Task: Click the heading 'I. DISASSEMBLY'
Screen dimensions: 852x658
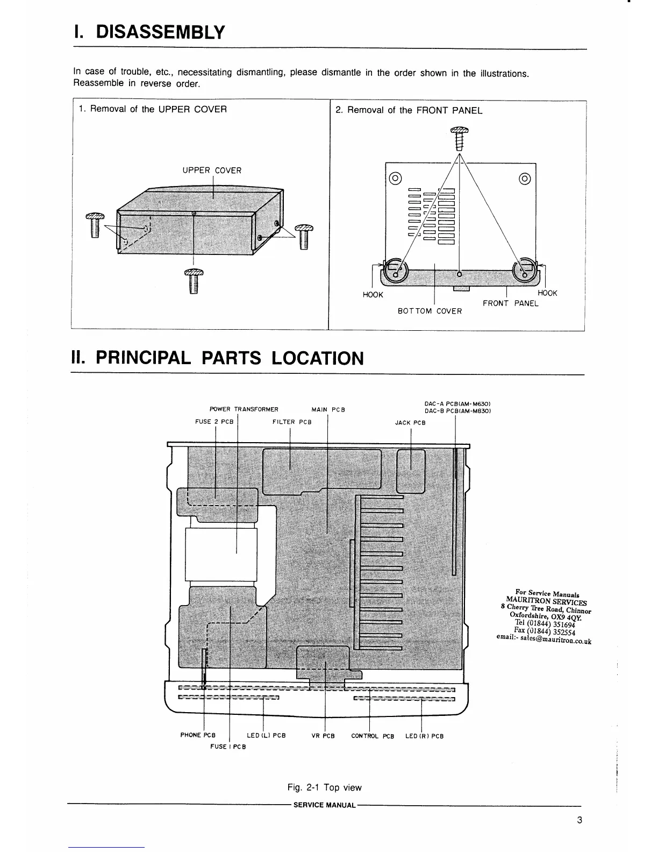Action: pos(148,32)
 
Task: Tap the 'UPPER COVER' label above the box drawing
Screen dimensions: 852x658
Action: pos(212,171)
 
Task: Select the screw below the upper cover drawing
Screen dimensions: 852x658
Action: pos(193,281)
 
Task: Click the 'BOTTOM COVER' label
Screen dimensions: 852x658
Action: pos(430,311)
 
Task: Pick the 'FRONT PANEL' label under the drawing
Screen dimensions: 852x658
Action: pos(510,303)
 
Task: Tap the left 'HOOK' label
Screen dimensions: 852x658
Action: pos(373,295)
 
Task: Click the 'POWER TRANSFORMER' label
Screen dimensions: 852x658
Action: pos(244,410)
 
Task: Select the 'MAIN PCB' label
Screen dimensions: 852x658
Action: pos(328,410)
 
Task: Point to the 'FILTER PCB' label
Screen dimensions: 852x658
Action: pos(292,422)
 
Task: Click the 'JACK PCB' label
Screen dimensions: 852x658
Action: pos(410,423)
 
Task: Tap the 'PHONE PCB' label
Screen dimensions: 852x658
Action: pos(198,735)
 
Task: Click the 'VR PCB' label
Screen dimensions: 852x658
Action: pos(323,736)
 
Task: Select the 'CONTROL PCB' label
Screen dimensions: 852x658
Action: pos(373,736)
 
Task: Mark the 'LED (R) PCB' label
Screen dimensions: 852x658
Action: pos(424,736)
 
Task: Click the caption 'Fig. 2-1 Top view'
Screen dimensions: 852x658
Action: pos(324,787)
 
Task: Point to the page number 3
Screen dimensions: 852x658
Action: pos(579,820)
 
